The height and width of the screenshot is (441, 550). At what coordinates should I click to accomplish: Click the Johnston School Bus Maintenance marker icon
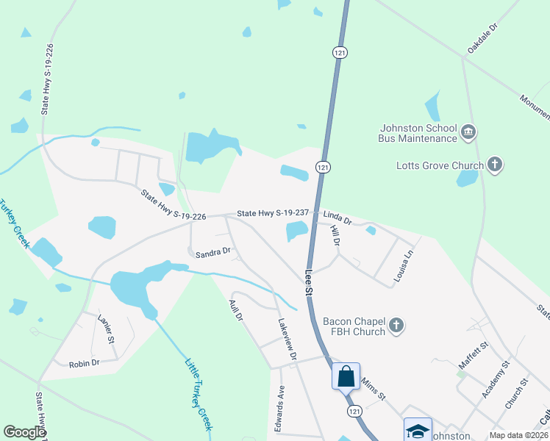(x=468, y=133)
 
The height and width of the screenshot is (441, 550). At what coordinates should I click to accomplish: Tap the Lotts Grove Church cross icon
(x=495, y=165)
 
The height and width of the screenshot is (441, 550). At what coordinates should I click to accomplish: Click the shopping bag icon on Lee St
(x=346, y=376)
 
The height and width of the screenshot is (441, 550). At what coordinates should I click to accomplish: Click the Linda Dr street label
(x=337, y=218)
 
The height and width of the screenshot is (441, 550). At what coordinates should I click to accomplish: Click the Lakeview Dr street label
(x=287, y=339)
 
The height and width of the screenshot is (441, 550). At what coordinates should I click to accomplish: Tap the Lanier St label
(x=107, y=329)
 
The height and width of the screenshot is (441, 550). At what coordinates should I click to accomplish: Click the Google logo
(x=25, y=432)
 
